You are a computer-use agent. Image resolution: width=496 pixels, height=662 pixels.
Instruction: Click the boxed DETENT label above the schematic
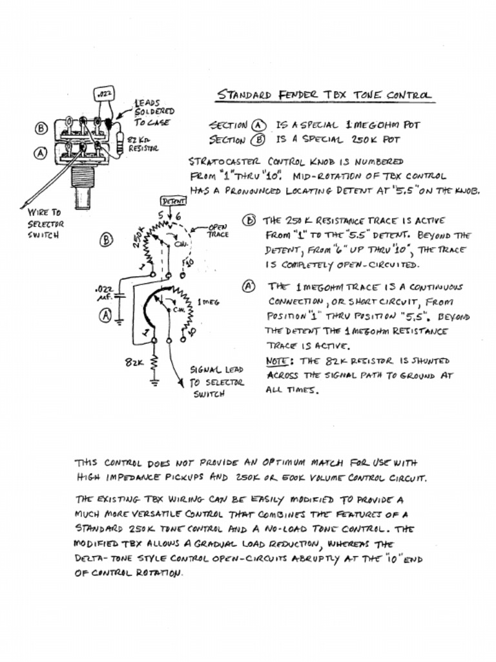coord(172,201)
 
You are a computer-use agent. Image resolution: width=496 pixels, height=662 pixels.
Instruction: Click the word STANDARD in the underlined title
coord(245,94)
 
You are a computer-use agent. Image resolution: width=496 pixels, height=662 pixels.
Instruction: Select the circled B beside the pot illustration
coord(41,128)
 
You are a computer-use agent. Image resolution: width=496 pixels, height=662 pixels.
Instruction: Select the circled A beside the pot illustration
coord(41,153)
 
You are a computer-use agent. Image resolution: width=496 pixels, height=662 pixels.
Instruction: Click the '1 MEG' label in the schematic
coord(208,301)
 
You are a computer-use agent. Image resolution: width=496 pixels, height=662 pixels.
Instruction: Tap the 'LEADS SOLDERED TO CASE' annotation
coord(153,112)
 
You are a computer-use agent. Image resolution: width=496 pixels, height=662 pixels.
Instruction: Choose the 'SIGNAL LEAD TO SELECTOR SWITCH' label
coord(217,382)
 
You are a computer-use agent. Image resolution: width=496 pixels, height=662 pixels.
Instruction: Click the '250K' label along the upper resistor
coord(138,237)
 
